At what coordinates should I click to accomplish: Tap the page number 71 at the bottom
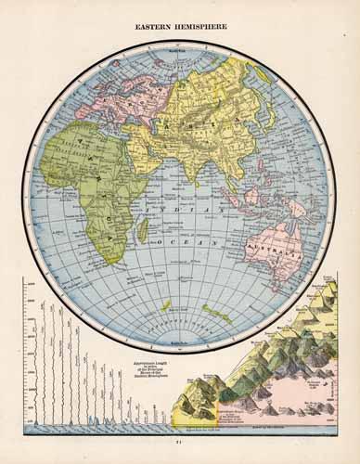180,452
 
